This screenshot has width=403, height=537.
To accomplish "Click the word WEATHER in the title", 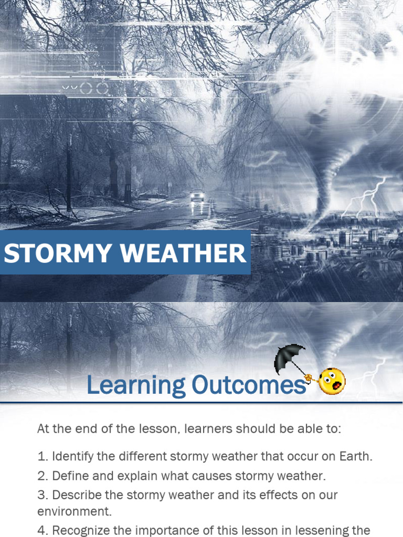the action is click(x=183, y=253).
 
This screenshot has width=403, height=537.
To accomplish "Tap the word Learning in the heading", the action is click(x=136, y=385).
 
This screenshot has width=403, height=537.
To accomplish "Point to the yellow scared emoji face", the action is click(x=332, y=381).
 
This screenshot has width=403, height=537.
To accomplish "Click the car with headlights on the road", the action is click(x=197, y=195).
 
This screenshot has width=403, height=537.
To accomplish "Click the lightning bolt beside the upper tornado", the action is click(x=365, y=197).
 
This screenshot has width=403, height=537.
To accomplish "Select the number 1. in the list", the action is click(x=43, y=457).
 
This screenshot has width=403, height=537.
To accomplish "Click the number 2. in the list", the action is click(x=43, y=476).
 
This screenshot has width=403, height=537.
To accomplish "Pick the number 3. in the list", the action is click(x=43, y=495).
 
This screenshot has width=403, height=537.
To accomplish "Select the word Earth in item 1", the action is click(x=356, y=457).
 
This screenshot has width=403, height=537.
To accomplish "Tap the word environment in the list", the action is click(x=75, y=511).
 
